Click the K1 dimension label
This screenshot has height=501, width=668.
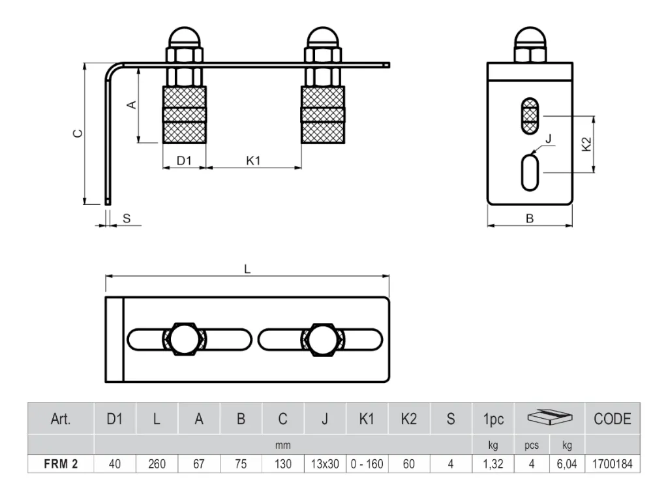pyautogui.click(x=253, y=160)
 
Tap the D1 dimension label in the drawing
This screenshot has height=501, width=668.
pyautogui.click(x=184, y=160)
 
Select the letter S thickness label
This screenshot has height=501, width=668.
pyautogui.click(x=127, y=219)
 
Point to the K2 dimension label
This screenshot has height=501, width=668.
pyautogui.click(x=586, y=144)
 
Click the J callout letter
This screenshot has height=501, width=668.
pyautogui.click(x=548, y=139)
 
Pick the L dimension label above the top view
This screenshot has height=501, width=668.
pyautogui.click(x=247, y=269)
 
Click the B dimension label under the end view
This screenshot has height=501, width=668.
pyautogui.click(x=530, y=219)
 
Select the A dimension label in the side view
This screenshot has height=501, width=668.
pyautogui.click(x=132, y=104)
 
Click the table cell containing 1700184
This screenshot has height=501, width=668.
pyautogui.click(x=612, y=464)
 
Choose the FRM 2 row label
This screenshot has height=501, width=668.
pyautogui.click(x=61, y=464)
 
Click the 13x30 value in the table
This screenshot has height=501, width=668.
pyautogui.click(x=325, y=464)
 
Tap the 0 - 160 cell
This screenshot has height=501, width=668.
pyautogui.click(x=367, y=464)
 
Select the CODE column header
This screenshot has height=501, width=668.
pyautogui.click(x=612, y=419)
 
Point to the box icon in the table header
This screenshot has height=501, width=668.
pyautogui.click(x=549, y=417)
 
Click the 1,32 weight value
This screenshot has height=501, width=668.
pyautogui.click(x=493, y=464)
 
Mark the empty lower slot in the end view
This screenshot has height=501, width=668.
pyautogui.click(x=530, y=172)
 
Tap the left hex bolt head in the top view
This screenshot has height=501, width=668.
pyautogui.click(x=185, y=339)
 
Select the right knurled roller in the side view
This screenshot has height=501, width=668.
pyautogui.click(x=323, y=115)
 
